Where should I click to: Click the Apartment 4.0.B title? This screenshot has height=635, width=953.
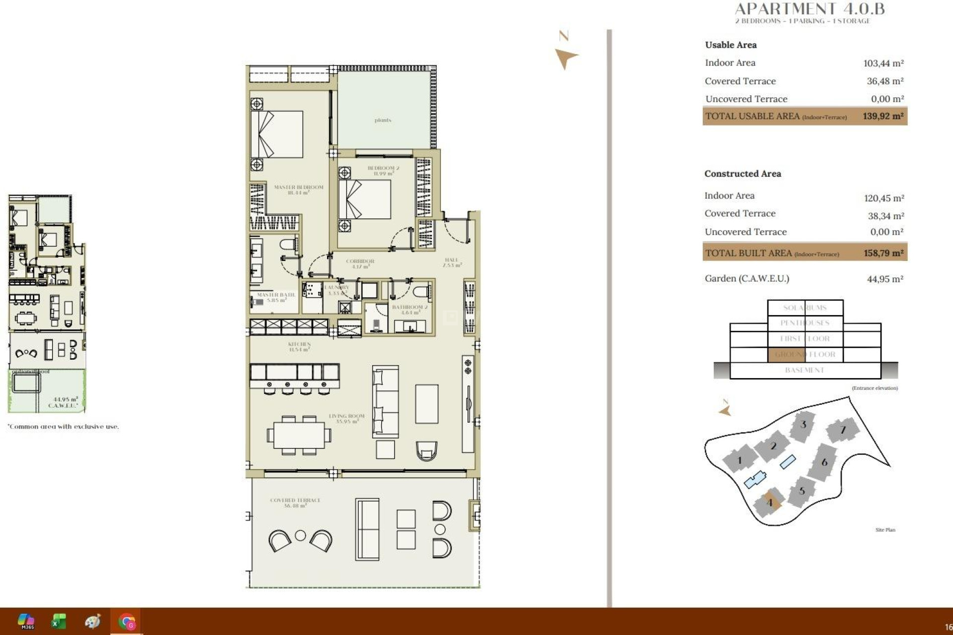[x=809, y=9]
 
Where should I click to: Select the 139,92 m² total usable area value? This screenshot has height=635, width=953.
[x=883, y=116]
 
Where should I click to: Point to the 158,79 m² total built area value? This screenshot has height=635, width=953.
[x=883, y=253]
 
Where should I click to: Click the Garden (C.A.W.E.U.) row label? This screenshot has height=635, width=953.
[x=747, y=278]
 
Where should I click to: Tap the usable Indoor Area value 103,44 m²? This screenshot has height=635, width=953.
[x=883, y=63]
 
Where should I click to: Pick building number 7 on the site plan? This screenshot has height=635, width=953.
[x=842, y=430]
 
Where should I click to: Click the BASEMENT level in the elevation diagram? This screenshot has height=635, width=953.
[x=805, y=370]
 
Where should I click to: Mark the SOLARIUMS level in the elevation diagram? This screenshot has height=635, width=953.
[x=805, y=308]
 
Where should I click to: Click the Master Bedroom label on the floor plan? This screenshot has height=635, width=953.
[x=298, y=190]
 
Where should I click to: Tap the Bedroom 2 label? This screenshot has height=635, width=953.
[x=383, y=171]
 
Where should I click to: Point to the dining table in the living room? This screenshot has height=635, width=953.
[x=299, y=436]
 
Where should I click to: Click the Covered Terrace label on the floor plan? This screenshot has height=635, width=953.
[x=295, y=503]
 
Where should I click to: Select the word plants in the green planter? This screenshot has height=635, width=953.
[x=383, y=120]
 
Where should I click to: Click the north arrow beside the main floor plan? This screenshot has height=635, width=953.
[x=566, y=58]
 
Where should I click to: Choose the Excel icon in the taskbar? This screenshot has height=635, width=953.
[x=59, y=621]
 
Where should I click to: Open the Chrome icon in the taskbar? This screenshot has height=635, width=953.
[x=127, y=621]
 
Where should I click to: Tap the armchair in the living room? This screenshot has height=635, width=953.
[x=426, y=450]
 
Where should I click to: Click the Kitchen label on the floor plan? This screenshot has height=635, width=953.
[x=299, y=346]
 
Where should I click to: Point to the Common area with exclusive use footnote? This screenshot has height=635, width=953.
[x=64, y=426]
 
